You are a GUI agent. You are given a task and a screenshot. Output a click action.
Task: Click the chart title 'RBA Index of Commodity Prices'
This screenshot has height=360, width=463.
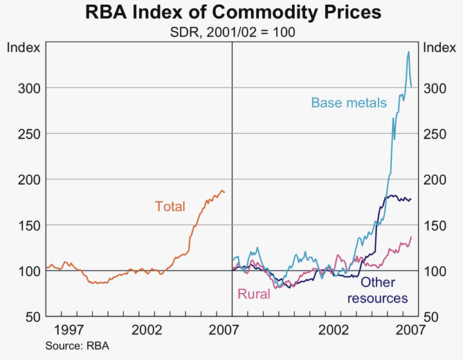[x=231, y=12]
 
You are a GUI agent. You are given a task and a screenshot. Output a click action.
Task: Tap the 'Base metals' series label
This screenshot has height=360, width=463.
[x=348, y=103]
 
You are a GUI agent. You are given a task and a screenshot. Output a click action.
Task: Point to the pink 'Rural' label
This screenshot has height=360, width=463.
[x=253, y=294]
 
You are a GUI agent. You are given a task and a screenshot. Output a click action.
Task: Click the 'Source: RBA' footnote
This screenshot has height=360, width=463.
[x=77, y=345]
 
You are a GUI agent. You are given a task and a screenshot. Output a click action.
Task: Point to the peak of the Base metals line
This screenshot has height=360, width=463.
[x=408, y=51]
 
